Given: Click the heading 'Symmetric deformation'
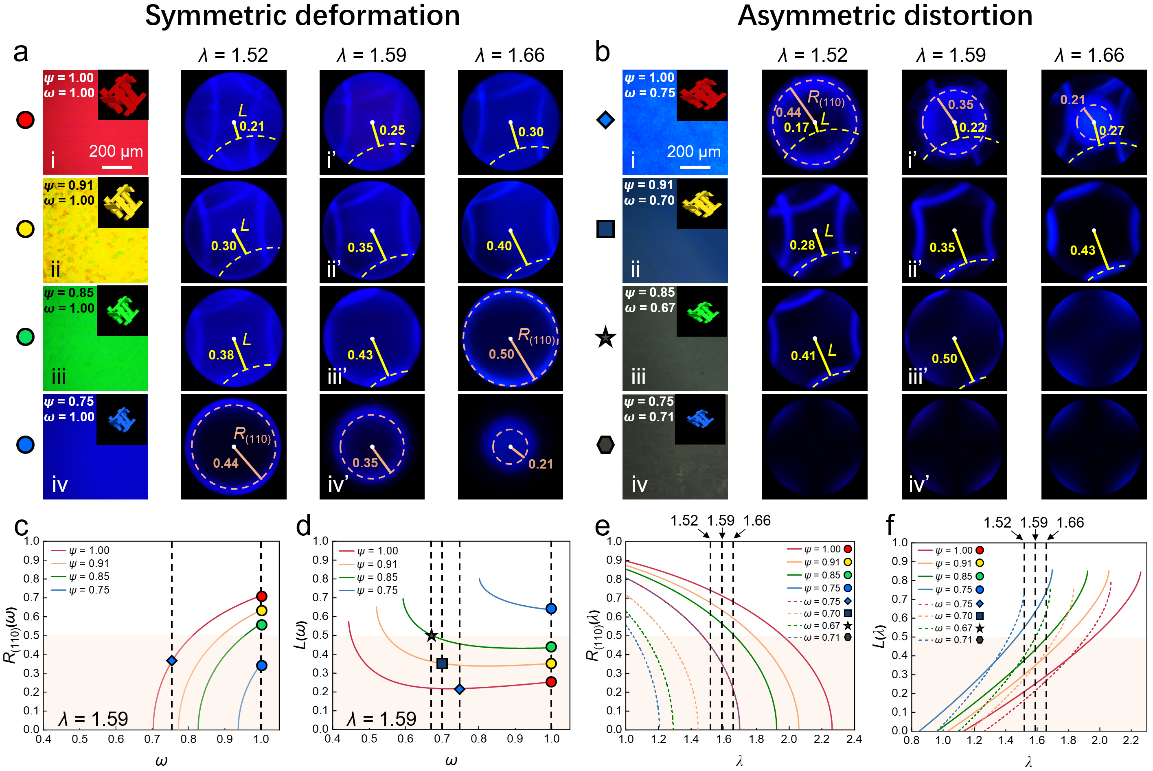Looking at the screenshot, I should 302,16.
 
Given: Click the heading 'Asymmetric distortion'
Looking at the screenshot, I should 885,16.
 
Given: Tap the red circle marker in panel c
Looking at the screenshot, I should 261,596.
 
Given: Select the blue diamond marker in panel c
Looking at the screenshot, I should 171,661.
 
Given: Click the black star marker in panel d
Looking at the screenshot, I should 431,636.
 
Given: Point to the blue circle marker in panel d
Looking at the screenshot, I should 551,609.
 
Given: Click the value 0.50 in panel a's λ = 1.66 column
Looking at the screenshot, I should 501,355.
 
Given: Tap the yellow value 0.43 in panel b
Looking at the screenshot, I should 1083,250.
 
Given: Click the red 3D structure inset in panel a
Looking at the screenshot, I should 123,95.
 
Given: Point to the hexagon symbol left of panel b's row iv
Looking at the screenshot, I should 605,445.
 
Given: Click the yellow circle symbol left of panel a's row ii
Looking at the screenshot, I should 25,229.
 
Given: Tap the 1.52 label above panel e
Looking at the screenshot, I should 684,521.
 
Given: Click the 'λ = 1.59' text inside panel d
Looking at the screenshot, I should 381,719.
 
